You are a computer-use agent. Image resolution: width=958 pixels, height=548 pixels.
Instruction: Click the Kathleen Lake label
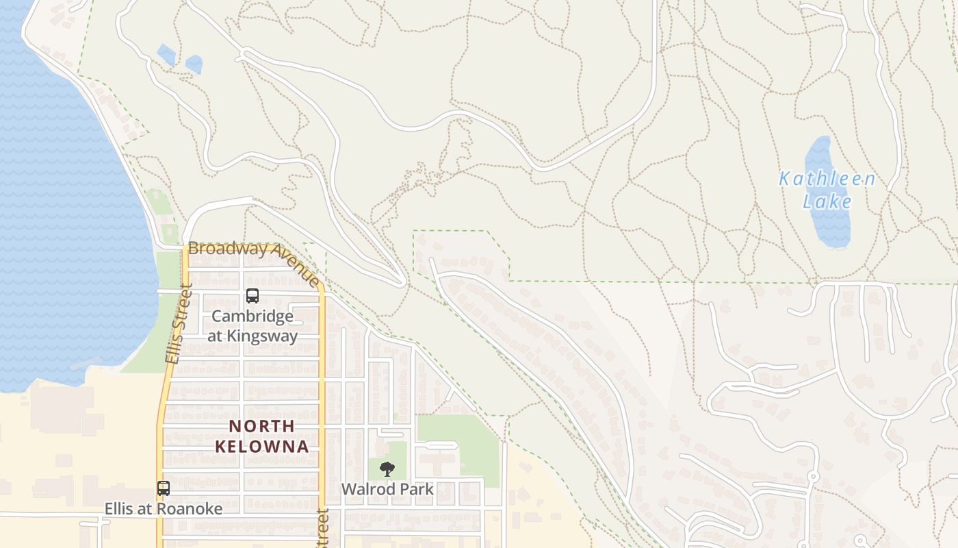[827, 190]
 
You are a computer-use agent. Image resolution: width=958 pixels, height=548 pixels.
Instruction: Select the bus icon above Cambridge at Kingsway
[253, 296]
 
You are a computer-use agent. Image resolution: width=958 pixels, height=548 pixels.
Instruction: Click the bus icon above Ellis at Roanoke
[164, 488]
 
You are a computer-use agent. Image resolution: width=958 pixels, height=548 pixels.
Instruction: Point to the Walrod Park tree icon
[387, 469]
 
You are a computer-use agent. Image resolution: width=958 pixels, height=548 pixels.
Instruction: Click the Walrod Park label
[387, 489]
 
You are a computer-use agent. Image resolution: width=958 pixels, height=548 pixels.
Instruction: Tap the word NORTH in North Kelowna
[262, 426]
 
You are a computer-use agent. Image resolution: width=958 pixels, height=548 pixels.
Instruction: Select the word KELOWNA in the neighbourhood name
[262, 447]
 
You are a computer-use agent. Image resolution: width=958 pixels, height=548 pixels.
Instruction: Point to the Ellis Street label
[177, 325]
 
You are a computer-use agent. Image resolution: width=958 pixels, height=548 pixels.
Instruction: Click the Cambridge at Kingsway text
[253, 326]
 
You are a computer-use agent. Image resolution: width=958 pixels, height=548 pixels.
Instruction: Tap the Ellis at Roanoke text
[164, 509]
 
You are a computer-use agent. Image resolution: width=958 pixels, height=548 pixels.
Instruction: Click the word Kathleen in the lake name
[827, 179]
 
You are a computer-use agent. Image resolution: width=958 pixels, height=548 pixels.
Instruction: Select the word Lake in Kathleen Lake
[827, 201]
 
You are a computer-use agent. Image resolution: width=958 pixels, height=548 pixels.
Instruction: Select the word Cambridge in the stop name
[253, 316]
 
